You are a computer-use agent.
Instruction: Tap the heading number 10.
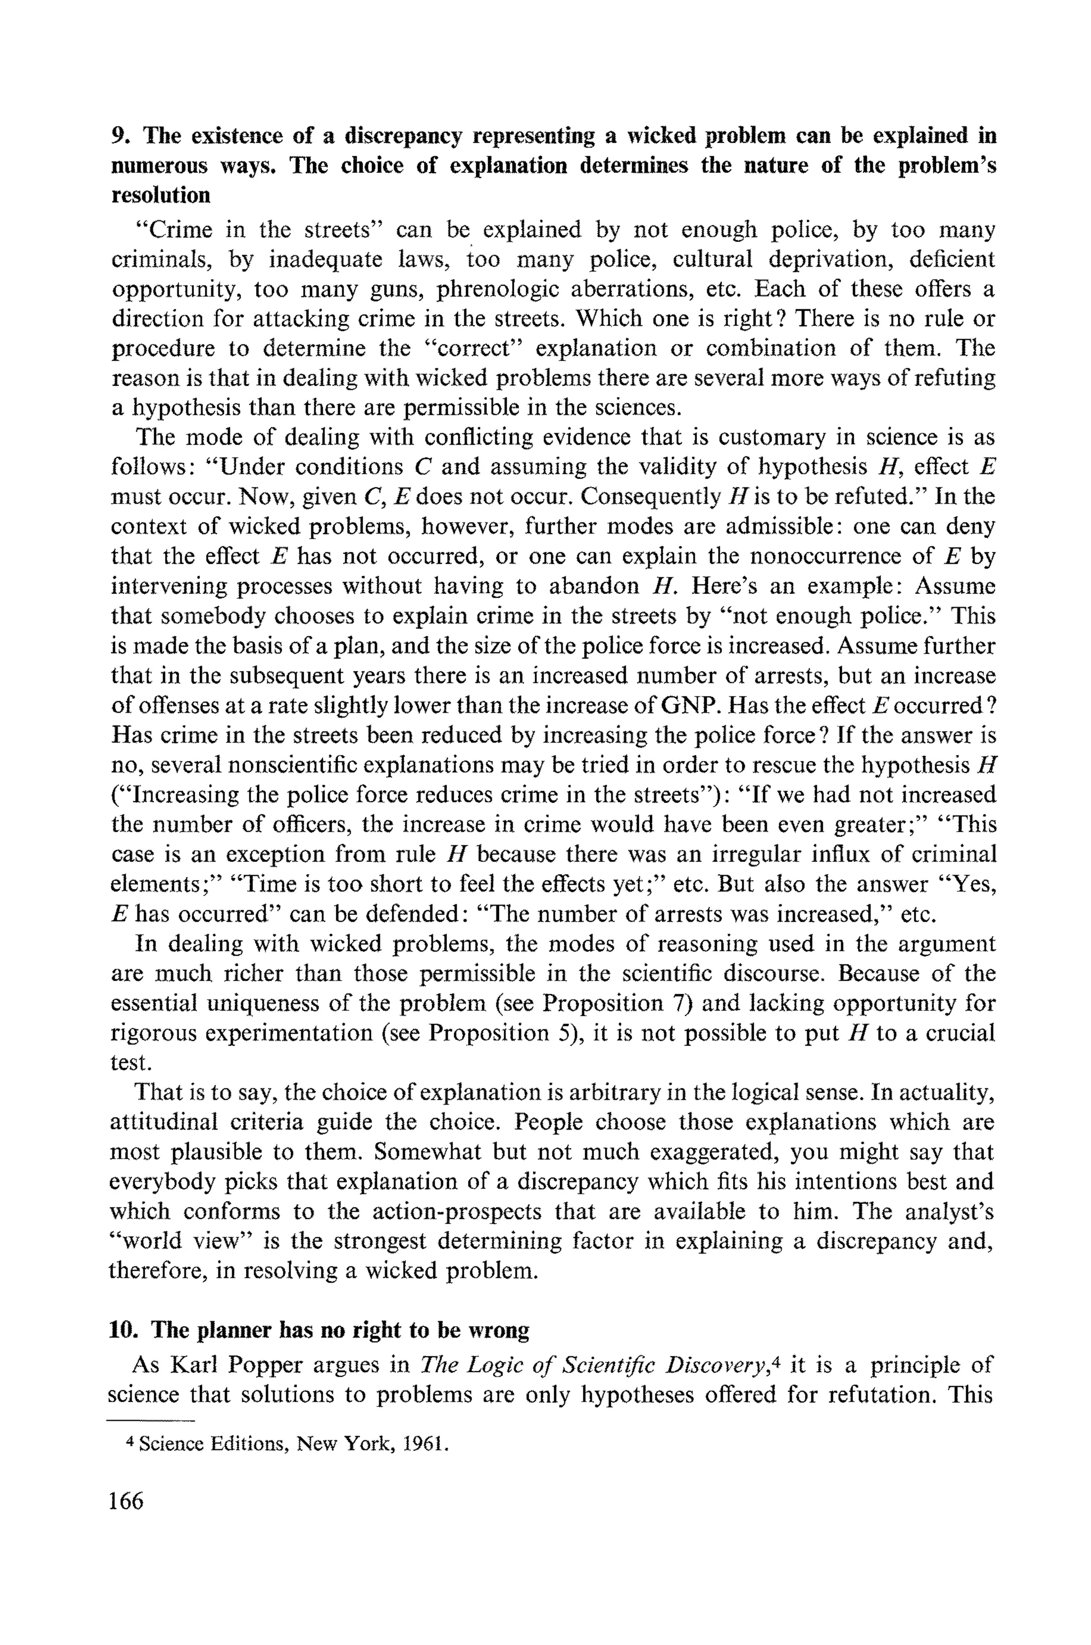coord(121,1330)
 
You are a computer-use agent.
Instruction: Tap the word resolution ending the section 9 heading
coord(161,196)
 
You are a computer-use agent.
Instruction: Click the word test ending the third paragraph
coord(129,1063)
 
